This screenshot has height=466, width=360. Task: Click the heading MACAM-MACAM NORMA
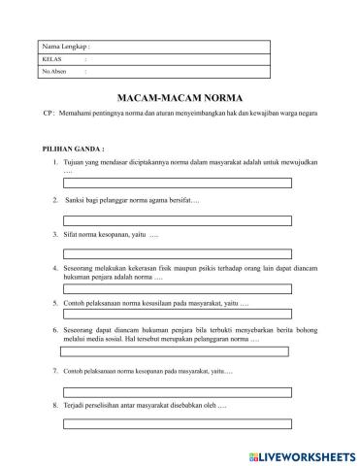pyautogui.click(x=180, y=99)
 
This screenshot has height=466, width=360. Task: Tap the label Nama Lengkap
pyautogui.click(x=65, y=47)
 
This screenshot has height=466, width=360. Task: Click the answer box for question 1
pyautogui.click(x=179, y=183)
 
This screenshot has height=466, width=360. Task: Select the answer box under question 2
pyautogui.click(x=179, y=218)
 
